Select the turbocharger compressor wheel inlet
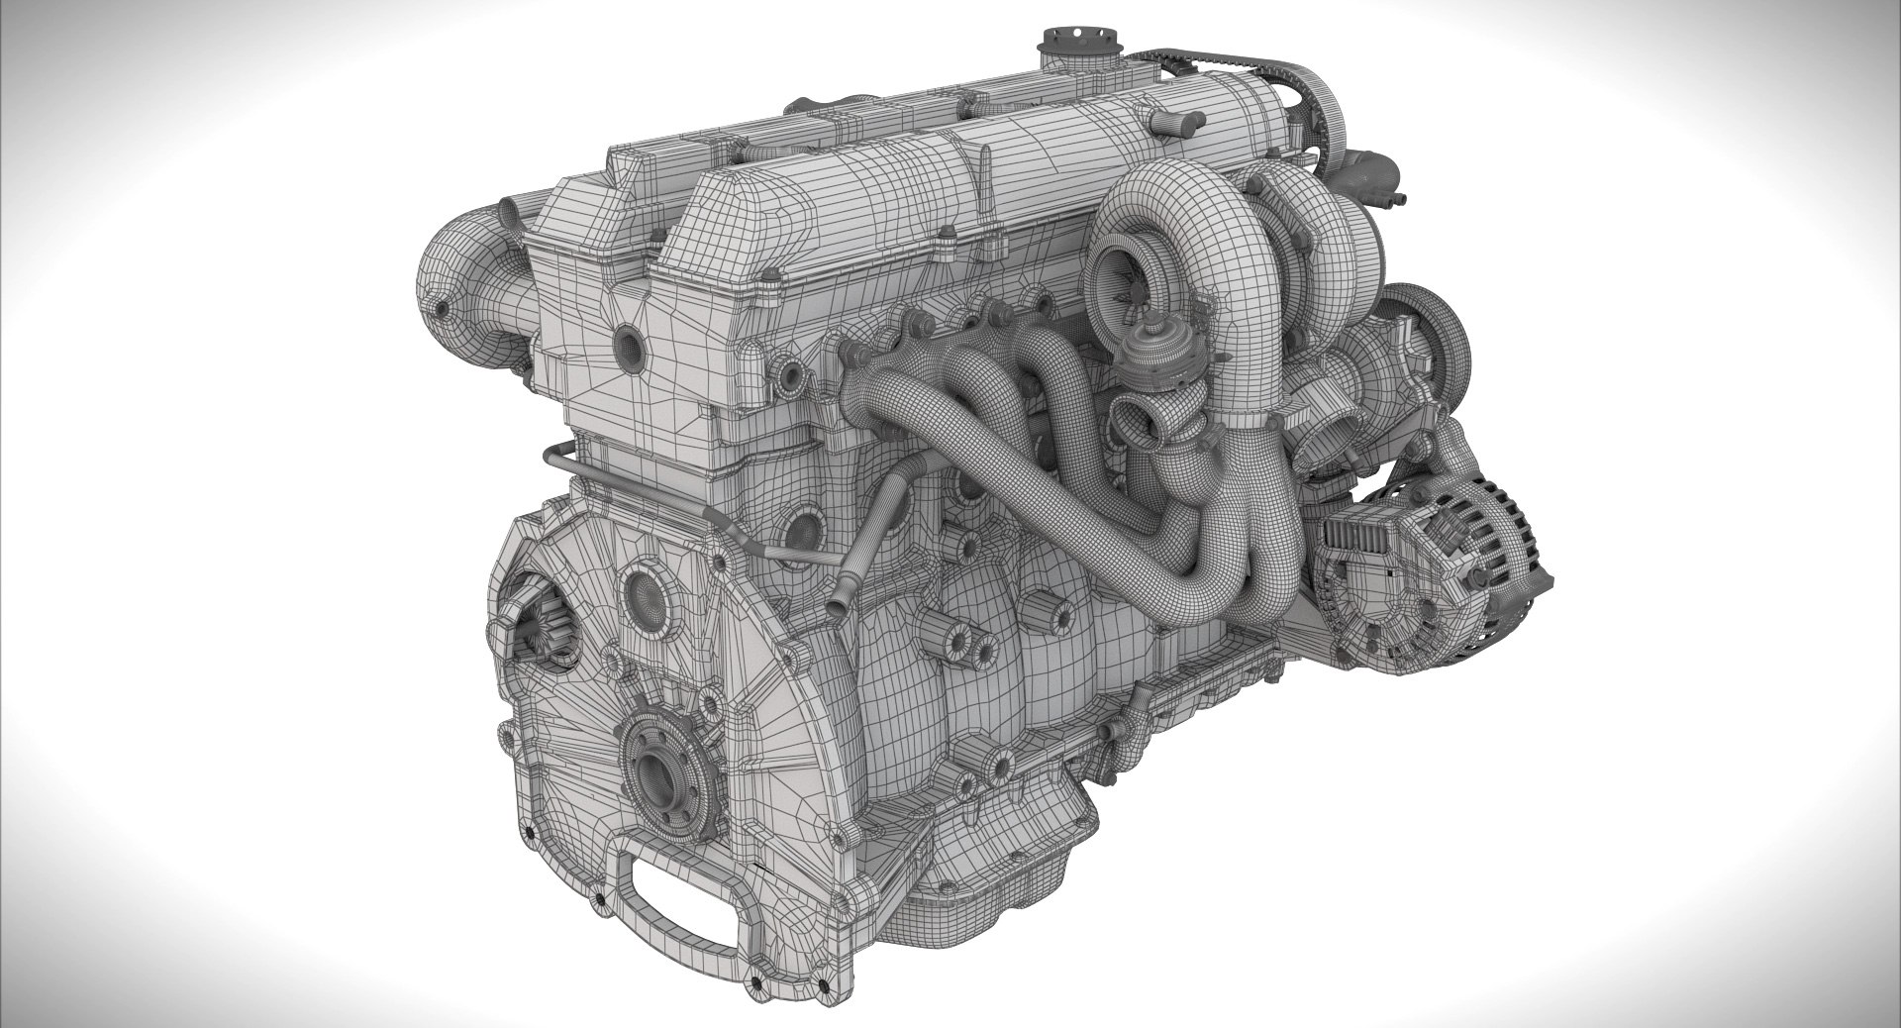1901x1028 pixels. [x=1123, y=267]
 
